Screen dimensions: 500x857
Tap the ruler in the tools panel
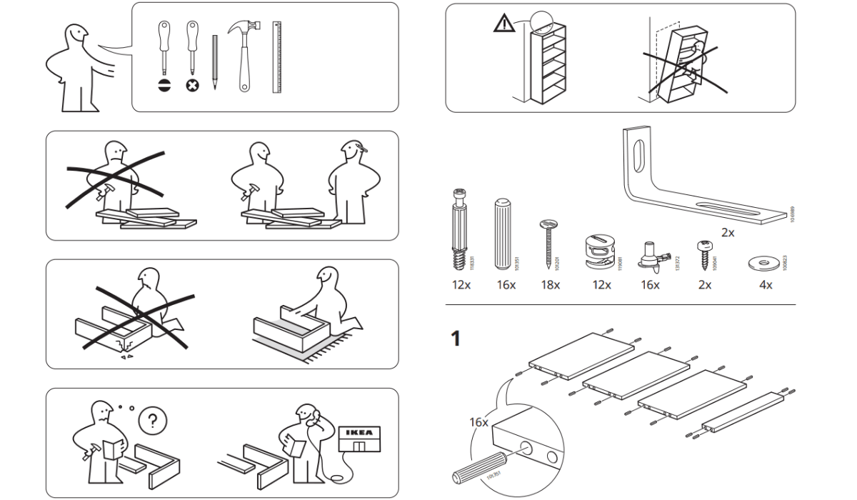(x=276, y=57)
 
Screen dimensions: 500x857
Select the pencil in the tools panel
(x=214, y=61)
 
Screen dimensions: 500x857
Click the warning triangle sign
(x=503, y=25)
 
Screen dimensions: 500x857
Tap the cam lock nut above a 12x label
(x=601, y=251)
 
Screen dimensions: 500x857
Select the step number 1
(x=454, y=339)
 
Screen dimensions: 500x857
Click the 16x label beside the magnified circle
(x=478, y=422)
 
